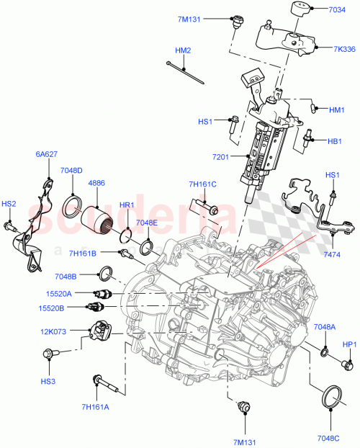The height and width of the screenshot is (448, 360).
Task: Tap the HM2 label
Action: [183, 50]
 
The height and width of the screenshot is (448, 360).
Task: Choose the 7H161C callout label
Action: [202, 184]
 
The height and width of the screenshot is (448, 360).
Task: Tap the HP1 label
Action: [350, 344]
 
